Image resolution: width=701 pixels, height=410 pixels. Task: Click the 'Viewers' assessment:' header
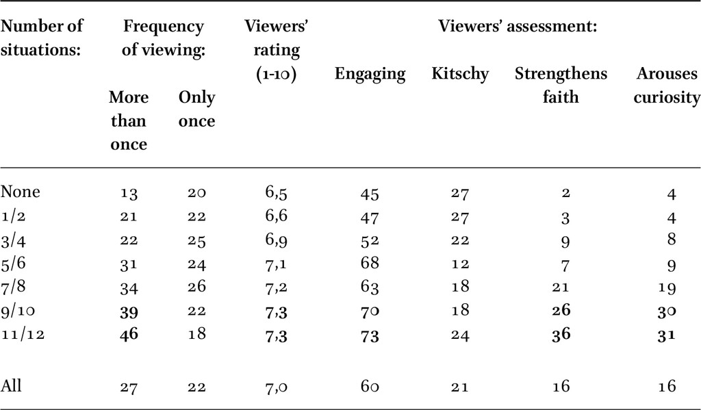click(x=518, y=27)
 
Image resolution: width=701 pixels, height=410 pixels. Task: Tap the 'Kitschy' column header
click(x=460, y=74)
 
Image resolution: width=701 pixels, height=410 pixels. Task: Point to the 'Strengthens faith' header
click(x=561, y=85)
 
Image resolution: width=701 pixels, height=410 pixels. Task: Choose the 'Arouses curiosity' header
click(x=667, y=85)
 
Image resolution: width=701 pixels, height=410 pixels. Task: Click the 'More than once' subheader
click(x=128, y=120)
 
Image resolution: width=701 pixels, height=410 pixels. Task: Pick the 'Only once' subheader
click(x=196, y=109)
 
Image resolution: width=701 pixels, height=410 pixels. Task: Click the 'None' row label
click(x=21, y=192)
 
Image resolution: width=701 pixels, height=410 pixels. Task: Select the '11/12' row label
click(x=23, y=334)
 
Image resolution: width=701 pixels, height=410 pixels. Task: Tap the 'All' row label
click(x=11, y=385)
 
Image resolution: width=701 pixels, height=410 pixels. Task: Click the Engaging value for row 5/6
click(x=370, y=262)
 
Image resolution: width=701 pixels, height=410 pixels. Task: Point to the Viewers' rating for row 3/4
click(x=276, y=240)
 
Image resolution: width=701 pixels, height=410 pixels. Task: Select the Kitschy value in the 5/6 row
click(x=460, y=264)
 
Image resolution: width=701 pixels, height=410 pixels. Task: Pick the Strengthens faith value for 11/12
click(x=561, y=334)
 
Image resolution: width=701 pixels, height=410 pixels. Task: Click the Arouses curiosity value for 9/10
click(x=667, y=311)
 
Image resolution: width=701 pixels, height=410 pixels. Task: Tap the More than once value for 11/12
click(x=129, y=334)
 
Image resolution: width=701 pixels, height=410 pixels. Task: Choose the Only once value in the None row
click(x=196, y=193)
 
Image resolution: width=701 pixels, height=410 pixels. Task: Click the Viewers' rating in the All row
click(x=276, y=386)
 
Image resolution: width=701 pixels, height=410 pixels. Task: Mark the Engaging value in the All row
click(x=370, y=385)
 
